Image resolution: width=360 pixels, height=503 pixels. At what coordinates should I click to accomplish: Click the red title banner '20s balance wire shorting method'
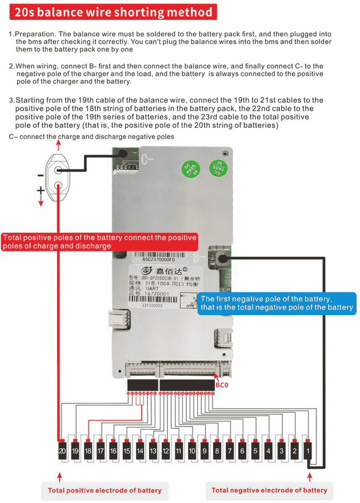(x=113, y=12)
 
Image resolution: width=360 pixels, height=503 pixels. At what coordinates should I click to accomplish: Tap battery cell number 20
(x=61, y=450)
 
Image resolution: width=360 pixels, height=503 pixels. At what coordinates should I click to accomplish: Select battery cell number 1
(x=308, y=450)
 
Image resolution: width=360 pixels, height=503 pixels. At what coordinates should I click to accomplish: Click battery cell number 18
(x=87, y=450)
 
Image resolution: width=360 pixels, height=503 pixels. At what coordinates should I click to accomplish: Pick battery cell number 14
(x=139, y=450)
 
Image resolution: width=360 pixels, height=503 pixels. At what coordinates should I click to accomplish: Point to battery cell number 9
(x=204, y=450)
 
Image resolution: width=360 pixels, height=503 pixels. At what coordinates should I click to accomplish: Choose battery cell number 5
(x=256, y=450)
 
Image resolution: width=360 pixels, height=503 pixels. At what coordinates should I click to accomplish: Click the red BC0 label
(x=222, y=385)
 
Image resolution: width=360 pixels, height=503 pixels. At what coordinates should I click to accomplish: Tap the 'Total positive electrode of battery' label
(x=105, y=490)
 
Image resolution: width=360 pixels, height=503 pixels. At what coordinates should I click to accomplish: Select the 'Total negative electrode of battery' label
(x=269, y=490)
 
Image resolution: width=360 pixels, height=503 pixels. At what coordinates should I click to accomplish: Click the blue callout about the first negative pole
(x=277, y=303)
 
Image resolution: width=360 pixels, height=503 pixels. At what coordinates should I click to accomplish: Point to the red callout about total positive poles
(x=99, y=242)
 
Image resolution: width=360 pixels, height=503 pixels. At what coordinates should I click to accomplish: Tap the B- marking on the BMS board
(x=199, y=257)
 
